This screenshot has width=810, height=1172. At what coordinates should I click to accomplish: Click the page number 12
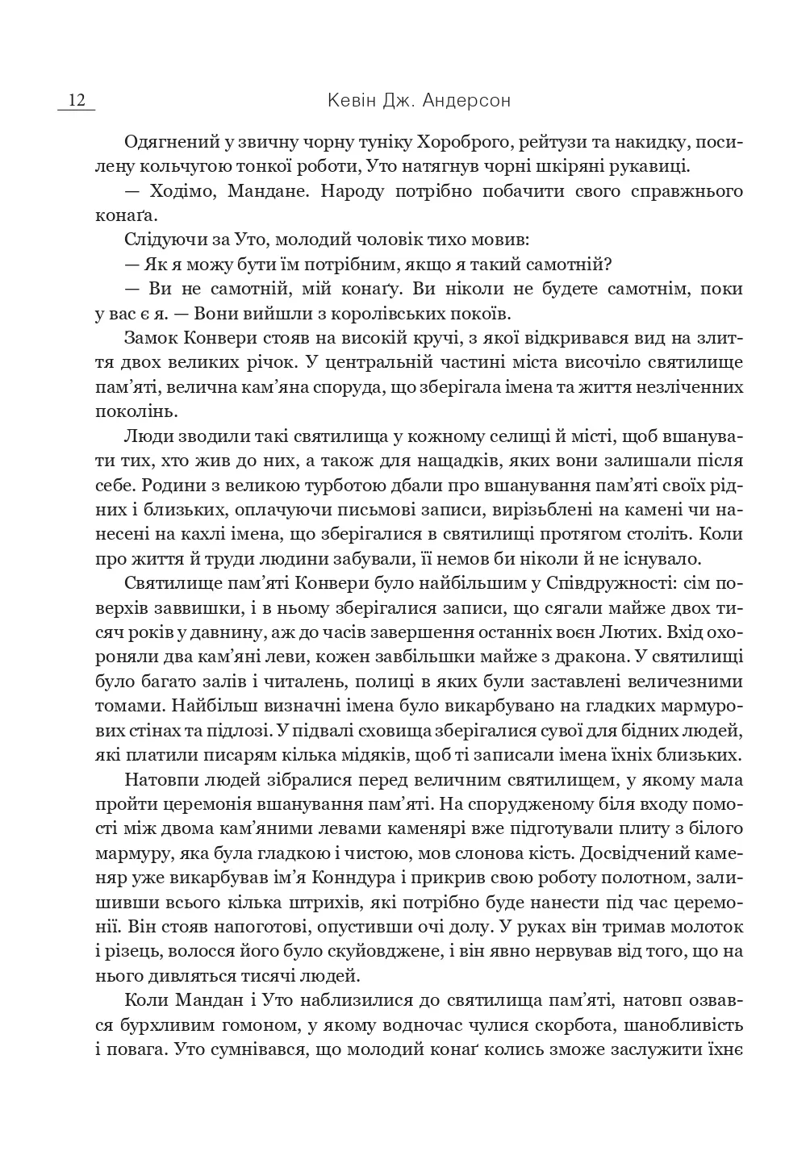coord(77,101)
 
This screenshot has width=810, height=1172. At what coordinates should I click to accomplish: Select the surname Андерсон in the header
coord(470,101)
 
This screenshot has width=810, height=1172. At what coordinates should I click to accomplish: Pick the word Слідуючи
coord(161,240)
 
